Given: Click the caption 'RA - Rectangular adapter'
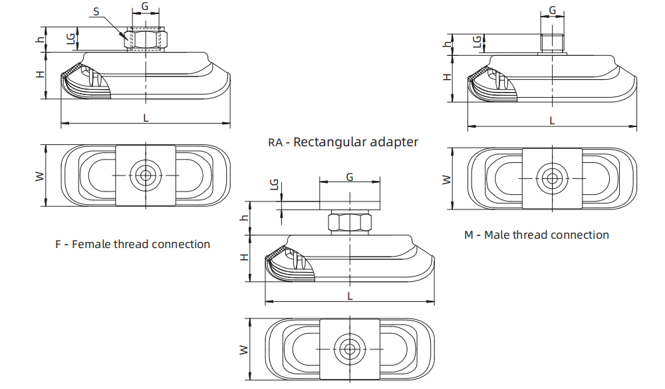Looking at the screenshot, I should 343,142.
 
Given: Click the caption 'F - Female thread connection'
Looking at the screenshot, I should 132,244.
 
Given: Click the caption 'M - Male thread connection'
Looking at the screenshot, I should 536,235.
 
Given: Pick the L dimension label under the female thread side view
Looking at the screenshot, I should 146,117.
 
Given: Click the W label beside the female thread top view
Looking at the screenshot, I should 39,176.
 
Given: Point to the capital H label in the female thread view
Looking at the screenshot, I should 41,74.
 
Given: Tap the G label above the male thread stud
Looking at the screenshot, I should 552,11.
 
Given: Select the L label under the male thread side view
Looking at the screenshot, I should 551,120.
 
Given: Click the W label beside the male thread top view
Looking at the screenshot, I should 446,179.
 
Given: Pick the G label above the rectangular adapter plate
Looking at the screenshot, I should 350,176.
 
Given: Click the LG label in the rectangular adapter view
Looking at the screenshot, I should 274,186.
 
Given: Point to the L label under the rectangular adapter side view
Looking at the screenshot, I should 350,295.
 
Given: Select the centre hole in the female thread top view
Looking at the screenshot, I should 144,176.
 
